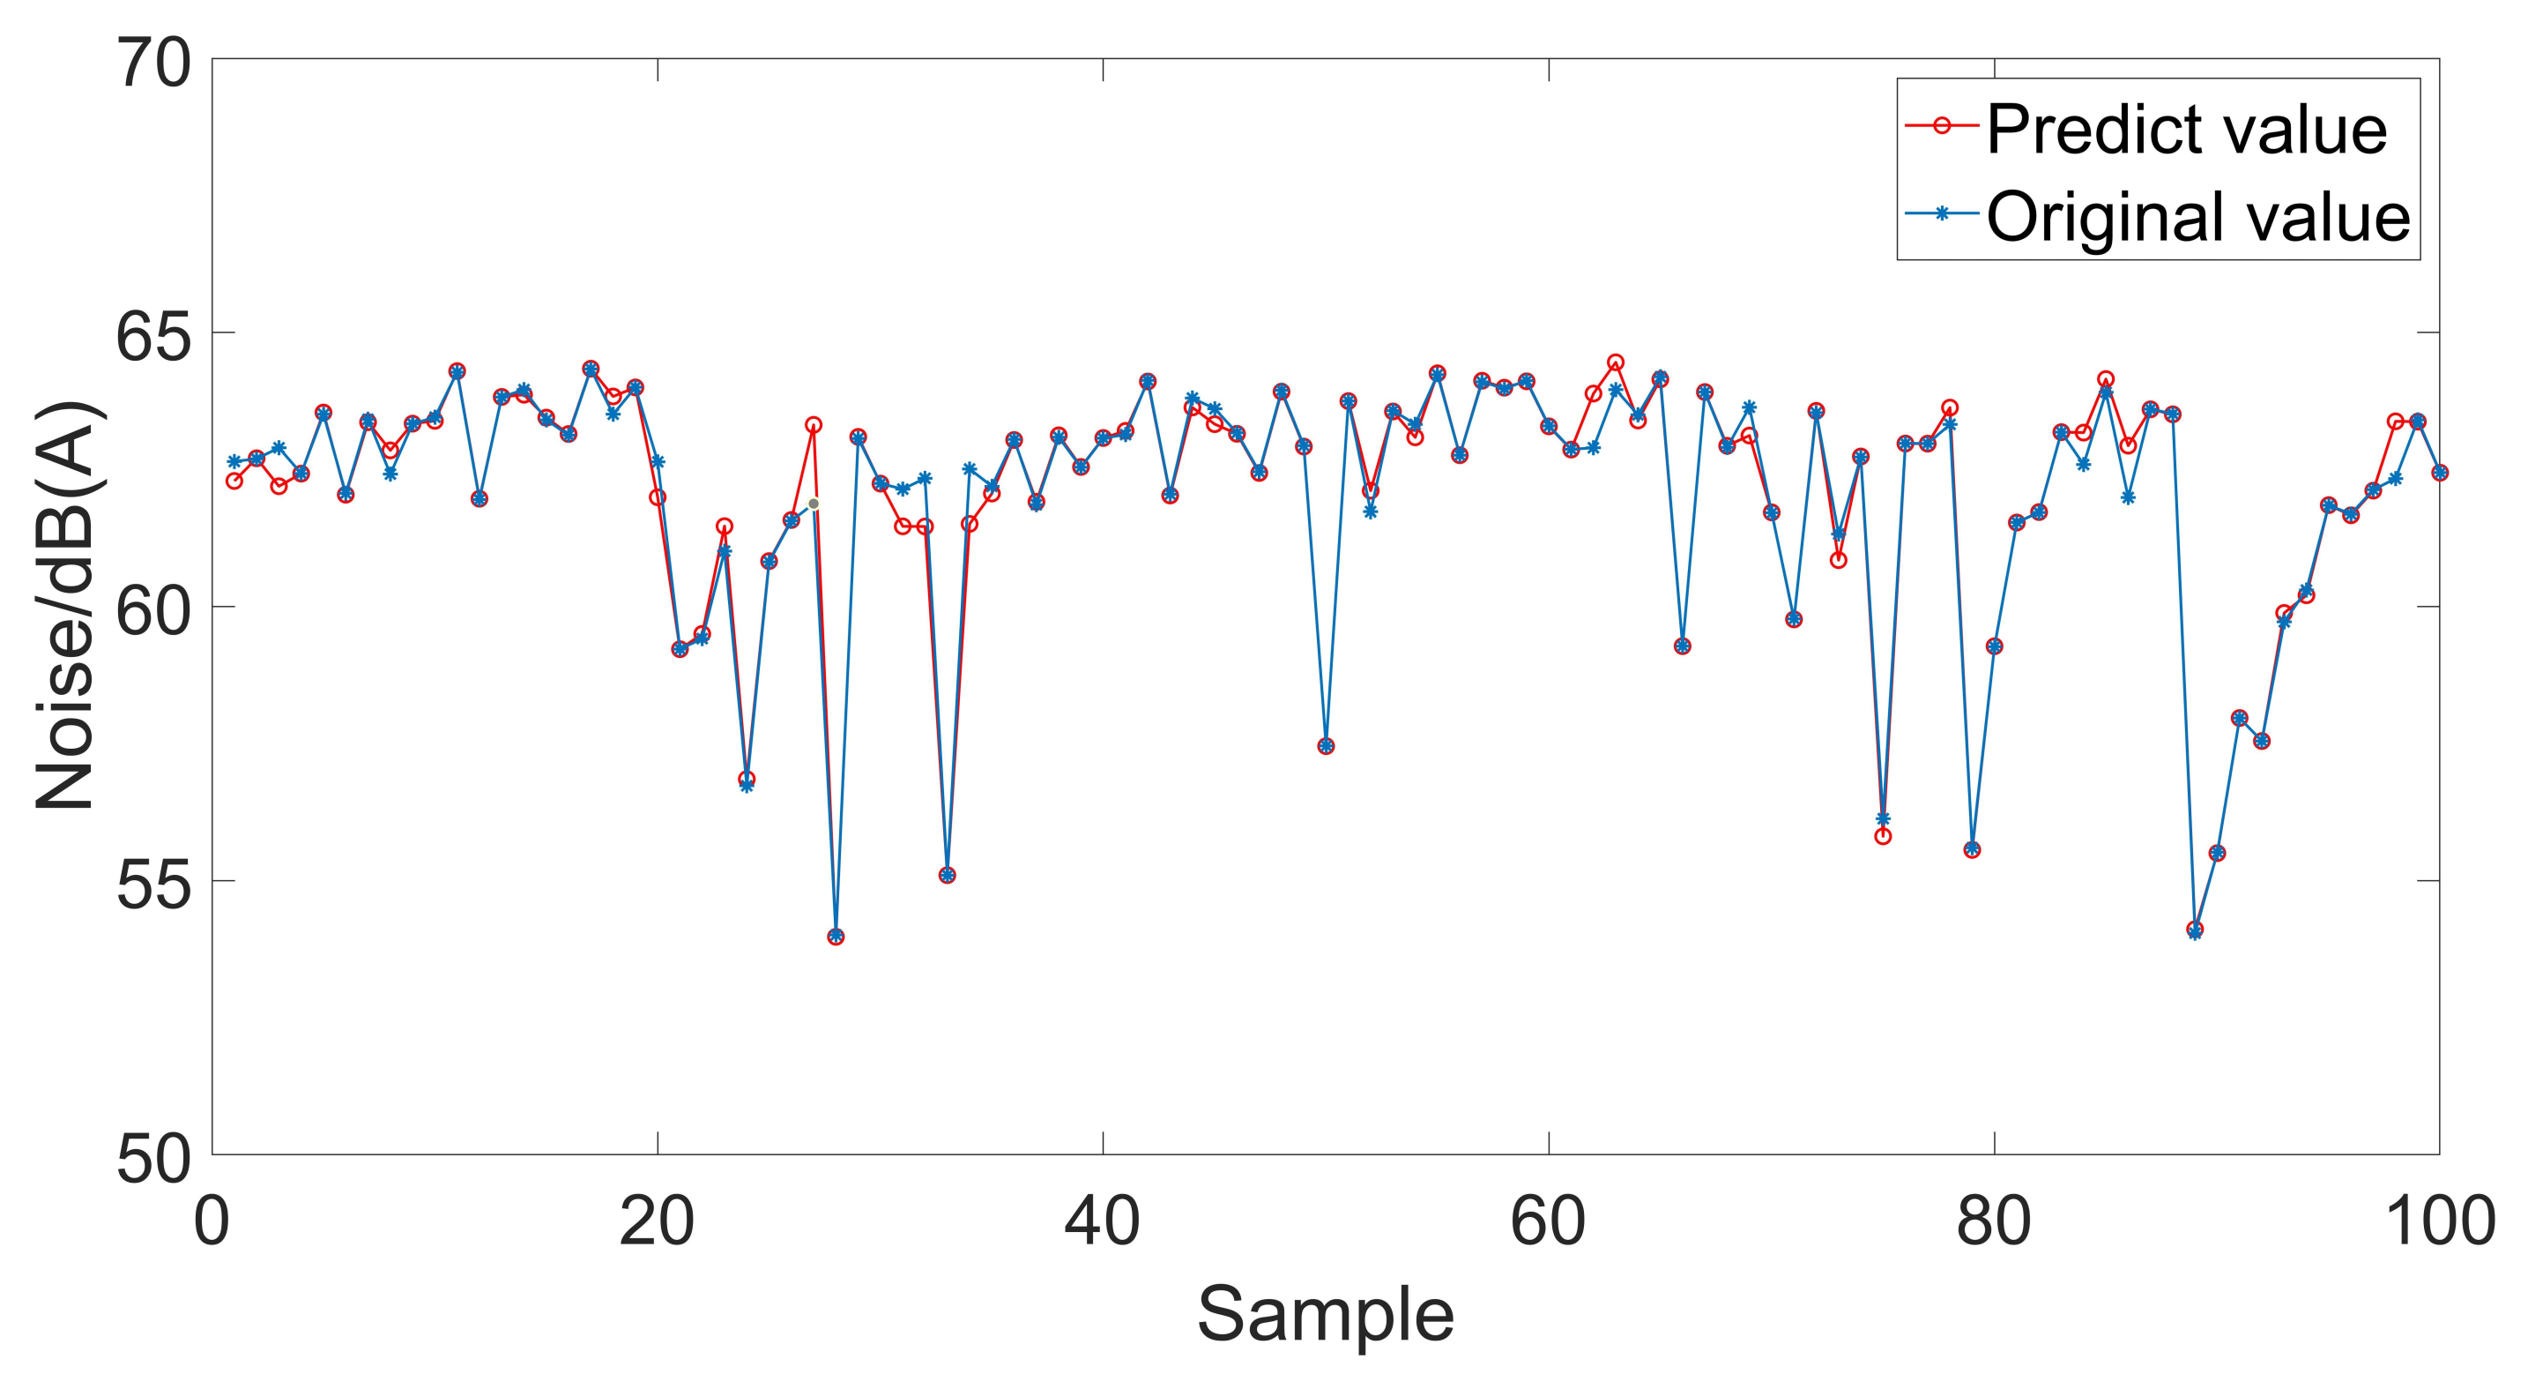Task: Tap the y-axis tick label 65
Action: click(x=155, y=338)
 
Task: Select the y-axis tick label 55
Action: click(x=155, y=886)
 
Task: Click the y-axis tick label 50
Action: click(x=155, y=1161)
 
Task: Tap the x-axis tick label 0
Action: click(x=211, y=1223)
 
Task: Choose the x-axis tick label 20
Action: click(x=657, y=1223)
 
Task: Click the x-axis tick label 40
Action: click(x=1103, y=1223)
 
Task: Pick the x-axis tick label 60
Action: click(x=1549, y=1223)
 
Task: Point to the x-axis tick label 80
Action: click(x=1994, y=1223)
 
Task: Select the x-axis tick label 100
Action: click(x=2440, y=1223)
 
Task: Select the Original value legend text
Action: click(x=2197, y=215)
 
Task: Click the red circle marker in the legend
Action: click(x=1941, y=127)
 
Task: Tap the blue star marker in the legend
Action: click(x=1941, y=213)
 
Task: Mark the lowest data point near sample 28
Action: click(x=835, y=937)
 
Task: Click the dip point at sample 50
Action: click(x=1326, y=746)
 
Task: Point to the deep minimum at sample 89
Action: click(x=2196, y=930)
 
